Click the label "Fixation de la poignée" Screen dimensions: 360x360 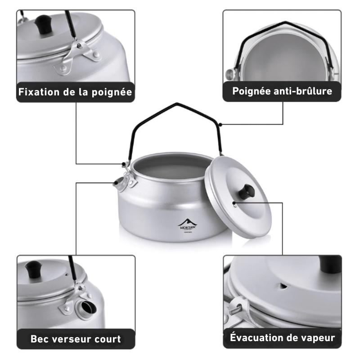pyautogui.click(x=75, y=92)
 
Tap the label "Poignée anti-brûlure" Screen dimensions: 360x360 pyautogui.click(x=282, y=91)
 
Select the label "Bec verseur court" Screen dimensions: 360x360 pyautogui.click(x=76, y=338)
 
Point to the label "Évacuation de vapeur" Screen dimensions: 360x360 pyautogui.click(x=282, y=337)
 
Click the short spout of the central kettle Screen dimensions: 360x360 pyautogui.click(x=119, y=183)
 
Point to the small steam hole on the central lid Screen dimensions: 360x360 pyautogui.click(x=234, y=203)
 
